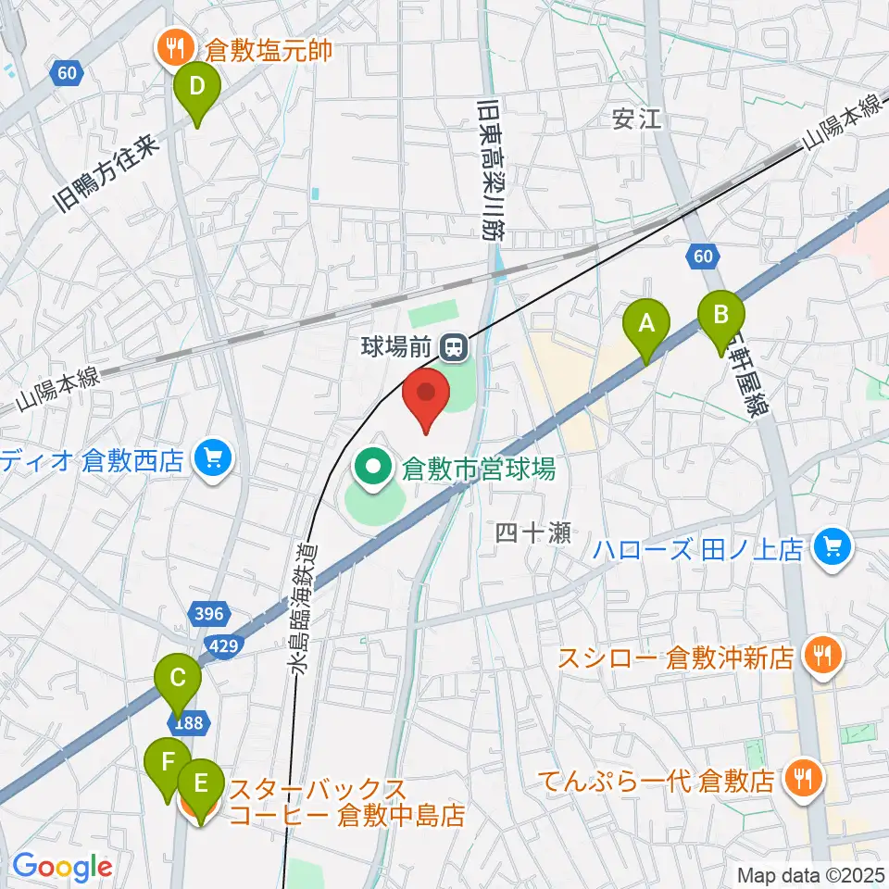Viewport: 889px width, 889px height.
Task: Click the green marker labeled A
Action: pyautogui.click(x=645, y=326)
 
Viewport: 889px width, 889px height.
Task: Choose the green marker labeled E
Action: pyautogui.click(x=200, y=787)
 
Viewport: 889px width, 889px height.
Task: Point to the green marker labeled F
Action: pyautogui.click(x=169, y=764)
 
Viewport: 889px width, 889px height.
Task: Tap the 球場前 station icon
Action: pyautogui.click(x=453, y=348)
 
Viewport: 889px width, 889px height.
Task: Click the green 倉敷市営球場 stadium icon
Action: pyautogui.click(x=376, y=469)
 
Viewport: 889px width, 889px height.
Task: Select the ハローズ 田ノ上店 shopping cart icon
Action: pyautogui.click(x=832, y=548)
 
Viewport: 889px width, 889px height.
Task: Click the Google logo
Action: pyautogui.click(x=62, y=867)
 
